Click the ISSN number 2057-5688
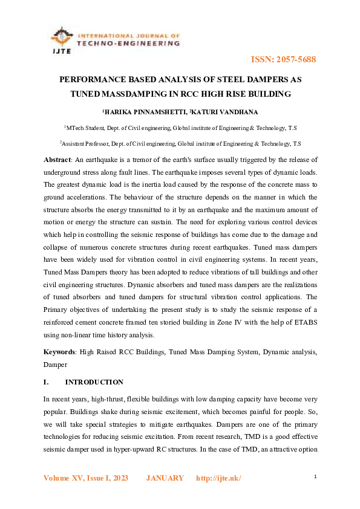coord(293,60)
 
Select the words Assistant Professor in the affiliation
coord(89,144)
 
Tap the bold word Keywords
coord(60,351)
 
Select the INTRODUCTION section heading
coord(94,382)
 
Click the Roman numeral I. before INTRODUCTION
coord(46,382)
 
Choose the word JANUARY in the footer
coord(165,478)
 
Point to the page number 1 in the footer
coord(315,477)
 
